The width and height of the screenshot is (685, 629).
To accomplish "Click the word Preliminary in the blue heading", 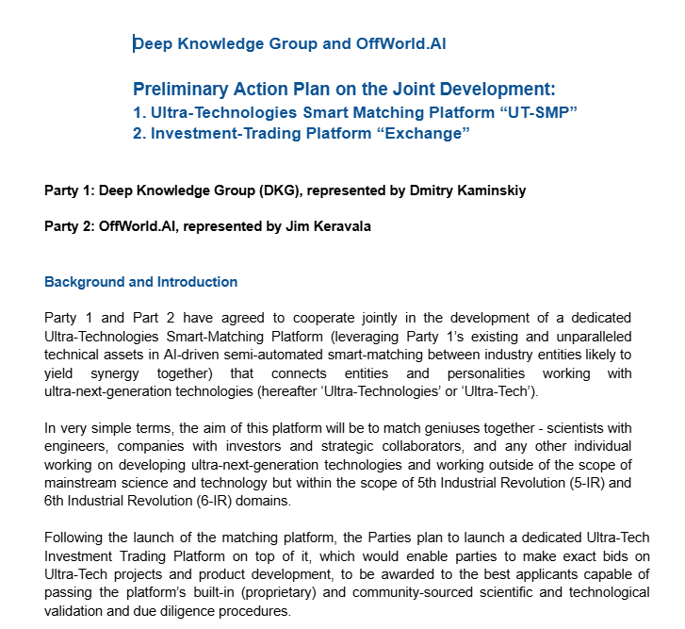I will pyautogui.click(x=180, y=91).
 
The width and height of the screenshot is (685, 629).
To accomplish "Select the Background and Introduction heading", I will pyautogui.click(x=140, y=282).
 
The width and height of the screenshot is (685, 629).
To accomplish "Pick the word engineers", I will pyautogui.click(x=79, y=446).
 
